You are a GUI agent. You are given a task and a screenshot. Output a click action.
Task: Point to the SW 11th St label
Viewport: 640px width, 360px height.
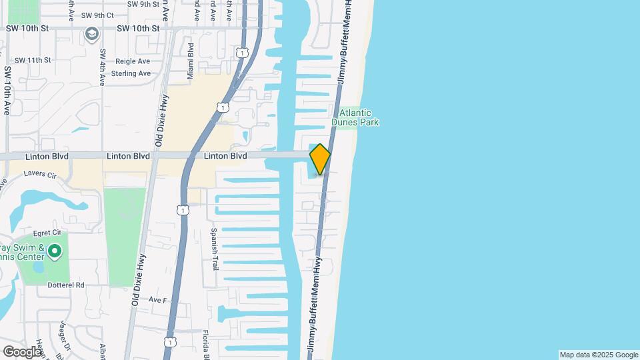pyautogui.click(x=33, y=60)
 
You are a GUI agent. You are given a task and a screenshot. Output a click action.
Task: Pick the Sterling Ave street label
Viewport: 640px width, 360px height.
pyautogui.click(x=131, y=73)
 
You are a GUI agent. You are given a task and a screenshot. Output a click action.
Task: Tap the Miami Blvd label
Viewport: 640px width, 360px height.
pyautogui.click(x=191, y=59)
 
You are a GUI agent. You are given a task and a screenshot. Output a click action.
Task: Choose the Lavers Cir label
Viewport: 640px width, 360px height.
pyautogui.click(x=41, y=173)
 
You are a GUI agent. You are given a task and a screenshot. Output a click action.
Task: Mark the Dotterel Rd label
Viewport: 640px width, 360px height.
pyautogui.click(x=66, y=285)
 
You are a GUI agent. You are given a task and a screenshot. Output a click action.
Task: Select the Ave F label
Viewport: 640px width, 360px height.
pyautogui.click(x=157, y=300)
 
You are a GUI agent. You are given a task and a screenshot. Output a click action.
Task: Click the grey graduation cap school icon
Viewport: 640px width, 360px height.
pyautogui.click(x=91, y=33)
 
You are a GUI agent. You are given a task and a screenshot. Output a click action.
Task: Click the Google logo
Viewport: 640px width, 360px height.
pyautogui.click(x=22, y=351)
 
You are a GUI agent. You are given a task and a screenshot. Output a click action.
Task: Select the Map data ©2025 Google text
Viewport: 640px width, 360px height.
pyautogui.click(x=598, y=355)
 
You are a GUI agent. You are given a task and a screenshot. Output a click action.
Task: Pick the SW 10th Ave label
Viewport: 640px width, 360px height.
pyautogui.click(x=7, y=90)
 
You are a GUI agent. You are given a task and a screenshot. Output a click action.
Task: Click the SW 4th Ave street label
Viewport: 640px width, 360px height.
pyautogui.click(x=103, y=67)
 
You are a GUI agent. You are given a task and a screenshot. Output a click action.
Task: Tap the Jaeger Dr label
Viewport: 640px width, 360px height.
pyautogui.click(x=65, y=333)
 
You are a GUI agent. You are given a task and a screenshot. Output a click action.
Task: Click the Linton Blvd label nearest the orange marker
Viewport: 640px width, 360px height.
pyautogui.click(x=225, y=156)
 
